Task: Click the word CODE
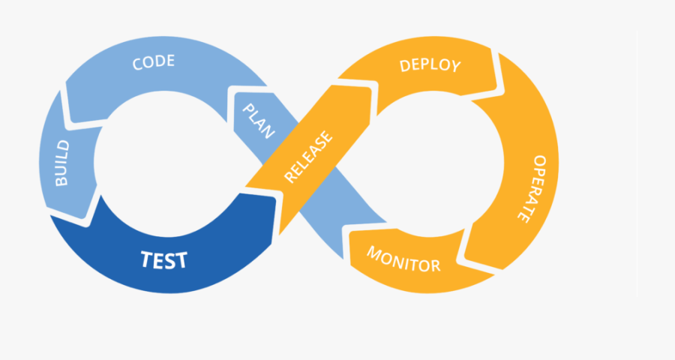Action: [x=154, y=62]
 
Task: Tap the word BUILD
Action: [x=61, y=163]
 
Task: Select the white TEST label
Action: [x=164, y=260]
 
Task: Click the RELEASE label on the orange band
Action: [x=309, y=158]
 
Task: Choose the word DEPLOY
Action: [x=430, y=65]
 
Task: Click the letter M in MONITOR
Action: [x=373, y=252]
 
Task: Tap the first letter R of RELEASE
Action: [x=289, y=178]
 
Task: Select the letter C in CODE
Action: [x=138, y=63]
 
